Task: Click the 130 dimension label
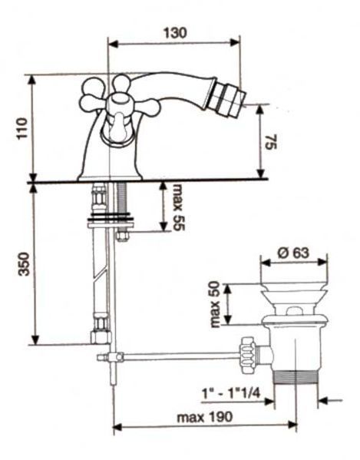pyautogui.click(x=175, y=32)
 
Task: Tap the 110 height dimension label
pyautogui.click(x=22, y=128)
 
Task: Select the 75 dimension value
pyautogui.click(x=271, y=142)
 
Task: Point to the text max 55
pyautogui.click(x=179, y=207)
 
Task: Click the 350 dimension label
pyautogui.click(x=24, y=264)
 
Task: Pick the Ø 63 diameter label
pyautogui.click(x=293, y=253)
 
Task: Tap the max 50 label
pyautogui.click(x=216, y=304)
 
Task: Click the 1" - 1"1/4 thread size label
pyautogui.click(x=231, y=393)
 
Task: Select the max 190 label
pyautogui.click(x=205, y=416)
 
